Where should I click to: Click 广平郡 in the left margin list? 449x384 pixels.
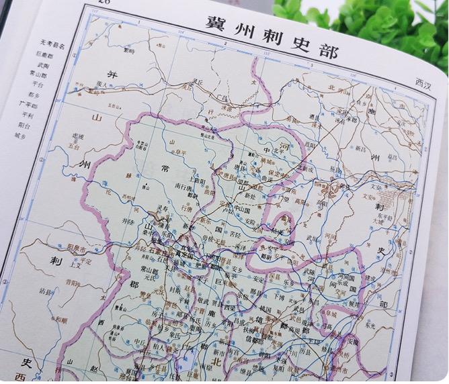28,103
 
